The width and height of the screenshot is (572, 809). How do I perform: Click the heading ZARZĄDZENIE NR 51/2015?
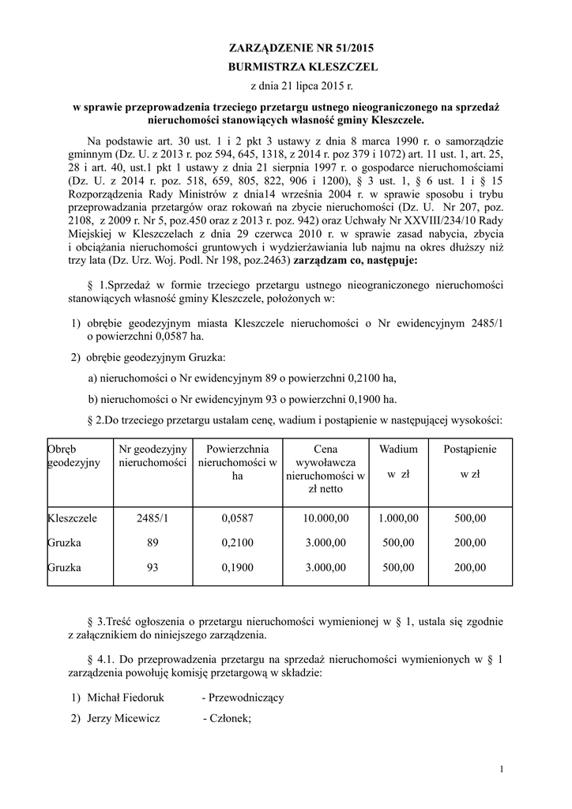click(287, 47)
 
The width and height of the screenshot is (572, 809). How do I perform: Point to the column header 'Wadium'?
click(398, 449)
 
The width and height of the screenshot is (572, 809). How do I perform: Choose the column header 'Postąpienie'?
click(470, 449)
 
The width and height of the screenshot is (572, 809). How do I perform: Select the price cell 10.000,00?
click(326, 518)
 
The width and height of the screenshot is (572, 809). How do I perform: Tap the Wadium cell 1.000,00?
click(398, 518)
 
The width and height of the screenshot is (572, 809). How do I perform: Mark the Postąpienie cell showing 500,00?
click(471, 518)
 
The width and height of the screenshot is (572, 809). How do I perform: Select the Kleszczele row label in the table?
click(73, 518)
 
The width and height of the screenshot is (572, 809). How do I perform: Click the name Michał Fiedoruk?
click(124, 698)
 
